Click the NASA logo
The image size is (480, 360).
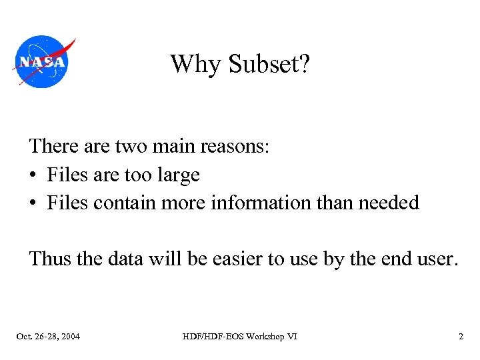[x=42, y=62]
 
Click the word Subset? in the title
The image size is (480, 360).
[x=269, y=65]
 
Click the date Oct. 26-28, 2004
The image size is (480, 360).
[x=48, y=337]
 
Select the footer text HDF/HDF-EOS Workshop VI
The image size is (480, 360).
[x=240, y=337]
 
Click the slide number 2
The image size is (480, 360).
[x=461, y=337]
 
